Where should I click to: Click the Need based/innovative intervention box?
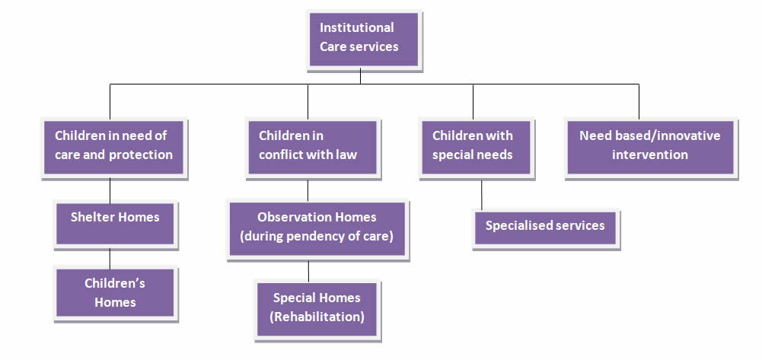[649, 145]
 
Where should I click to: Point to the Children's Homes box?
[115, 293]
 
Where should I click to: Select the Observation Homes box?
[317, 227]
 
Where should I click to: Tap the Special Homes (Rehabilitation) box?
[317, 307]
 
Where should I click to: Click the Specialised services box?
[545, 226]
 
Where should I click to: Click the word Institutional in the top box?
[356, 28]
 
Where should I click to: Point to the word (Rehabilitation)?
[317, 316]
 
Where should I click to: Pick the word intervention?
[649, 155]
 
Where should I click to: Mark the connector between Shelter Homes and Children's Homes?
[110, 257]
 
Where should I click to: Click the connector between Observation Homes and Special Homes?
[308, 270]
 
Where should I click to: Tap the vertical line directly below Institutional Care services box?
[360, 76]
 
